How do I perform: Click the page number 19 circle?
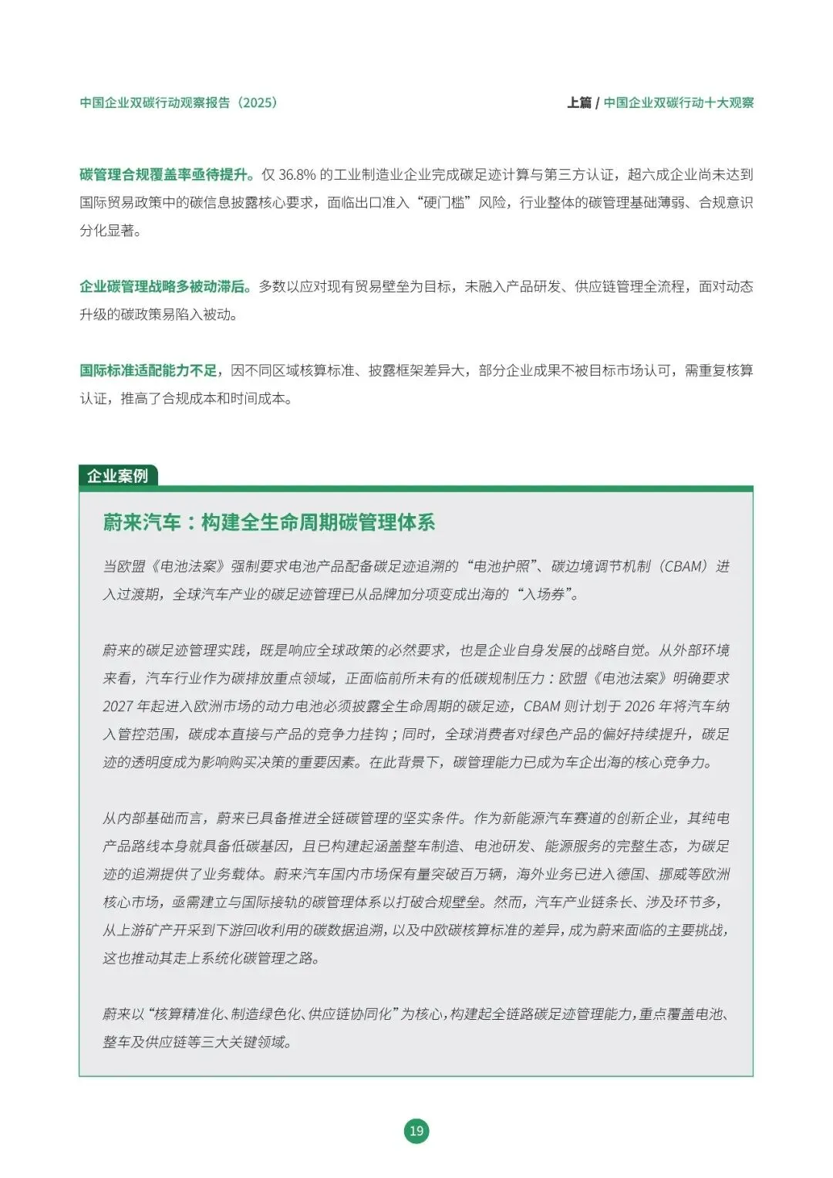coord(416,1131)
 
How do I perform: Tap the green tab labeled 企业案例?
coord(118,476)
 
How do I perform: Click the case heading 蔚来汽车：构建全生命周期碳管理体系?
coord(269,522)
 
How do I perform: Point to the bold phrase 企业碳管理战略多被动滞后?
coord(164,286)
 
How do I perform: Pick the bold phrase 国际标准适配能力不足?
coord(148,370)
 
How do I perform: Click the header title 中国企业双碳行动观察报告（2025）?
coord(178,103)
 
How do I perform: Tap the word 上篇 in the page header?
coord(578,103)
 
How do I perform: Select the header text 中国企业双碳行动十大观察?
coord(679,103)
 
